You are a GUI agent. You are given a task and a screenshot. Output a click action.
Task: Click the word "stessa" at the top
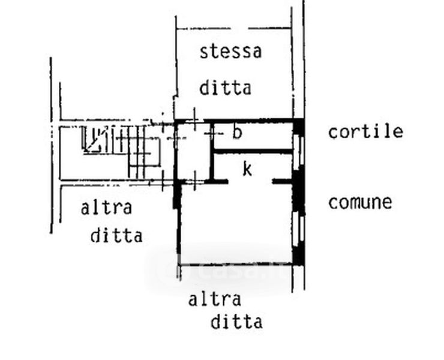231,52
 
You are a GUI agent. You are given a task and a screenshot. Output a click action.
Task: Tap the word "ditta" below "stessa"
225,89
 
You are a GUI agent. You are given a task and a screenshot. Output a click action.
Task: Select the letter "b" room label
237,133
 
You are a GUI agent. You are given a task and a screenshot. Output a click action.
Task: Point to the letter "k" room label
247,169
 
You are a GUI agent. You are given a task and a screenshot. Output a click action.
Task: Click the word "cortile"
365,132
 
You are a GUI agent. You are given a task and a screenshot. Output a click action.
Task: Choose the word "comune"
360,202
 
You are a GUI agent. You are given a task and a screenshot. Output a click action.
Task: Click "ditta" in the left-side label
116,235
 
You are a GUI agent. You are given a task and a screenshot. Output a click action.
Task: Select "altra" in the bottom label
215,299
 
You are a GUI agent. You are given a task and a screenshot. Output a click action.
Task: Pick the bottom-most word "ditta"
236,322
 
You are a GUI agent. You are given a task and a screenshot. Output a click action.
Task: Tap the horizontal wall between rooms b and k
252,152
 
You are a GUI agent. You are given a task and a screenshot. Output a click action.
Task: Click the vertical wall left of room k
212,165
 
